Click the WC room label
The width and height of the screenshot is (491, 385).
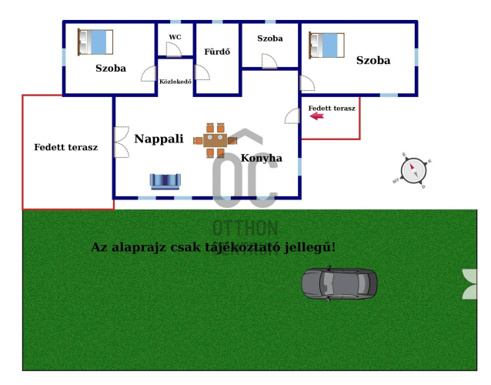click(x=175, y=37)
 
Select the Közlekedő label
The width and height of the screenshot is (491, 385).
click(x=175, y=81)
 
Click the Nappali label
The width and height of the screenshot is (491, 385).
click(x=159, y=139)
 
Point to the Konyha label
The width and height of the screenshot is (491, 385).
click(x=261, y=158)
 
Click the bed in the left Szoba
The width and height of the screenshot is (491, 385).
click(x=95, y=42)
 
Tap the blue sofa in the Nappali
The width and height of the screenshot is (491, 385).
click(x=165, y=181)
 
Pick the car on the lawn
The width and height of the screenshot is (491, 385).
click(x=339, y=283)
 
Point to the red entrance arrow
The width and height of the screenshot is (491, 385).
click(x=316, y=118)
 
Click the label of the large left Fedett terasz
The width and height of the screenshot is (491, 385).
click(x=65, y=147)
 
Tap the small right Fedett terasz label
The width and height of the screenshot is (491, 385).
click(x=332, y=109)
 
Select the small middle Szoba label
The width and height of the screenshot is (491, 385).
click(x=269, y=38)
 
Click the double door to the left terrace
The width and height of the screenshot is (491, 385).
click(x=121, y=142)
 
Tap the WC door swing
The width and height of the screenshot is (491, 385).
click(x=173, y=51)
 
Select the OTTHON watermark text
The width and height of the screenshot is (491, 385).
click(x=245, y=229)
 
